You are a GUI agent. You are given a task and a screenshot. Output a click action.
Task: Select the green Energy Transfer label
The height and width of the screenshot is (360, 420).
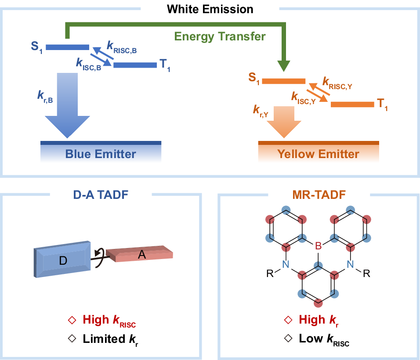pos(220,36)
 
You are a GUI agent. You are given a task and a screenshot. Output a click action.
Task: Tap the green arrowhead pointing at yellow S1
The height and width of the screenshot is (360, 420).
pos(283,66)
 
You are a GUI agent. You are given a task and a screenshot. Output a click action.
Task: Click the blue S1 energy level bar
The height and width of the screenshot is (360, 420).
pos(67,47)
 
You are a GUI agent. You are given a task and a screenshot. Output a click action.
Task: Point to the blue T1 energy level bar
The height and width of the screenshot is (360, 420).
pos(135,65)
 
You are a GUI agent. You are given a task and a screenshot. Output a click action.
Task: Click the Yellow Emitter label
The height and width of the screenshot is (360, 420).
pos(318,154)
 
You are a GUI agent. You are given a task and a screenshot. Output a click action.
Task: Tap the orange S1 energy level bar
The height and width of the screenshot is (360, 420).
pos(283,81)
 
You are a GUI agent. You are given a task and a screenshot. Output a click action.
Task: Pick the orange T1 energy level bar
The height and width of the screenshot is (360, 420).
pos(352,104)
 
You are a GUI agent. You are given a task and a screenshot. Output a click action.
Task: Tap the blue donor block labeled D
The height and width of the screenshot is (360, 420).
pos(63,262)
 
